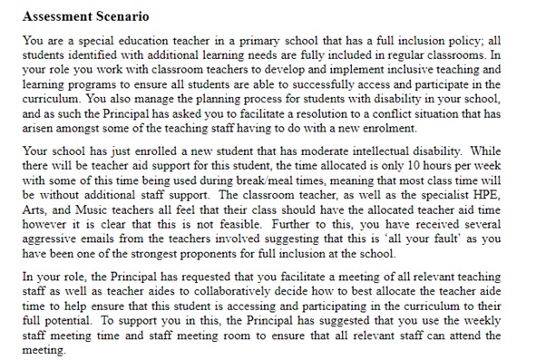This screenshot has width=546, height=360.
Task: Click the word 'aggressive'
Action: (47, 231)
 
